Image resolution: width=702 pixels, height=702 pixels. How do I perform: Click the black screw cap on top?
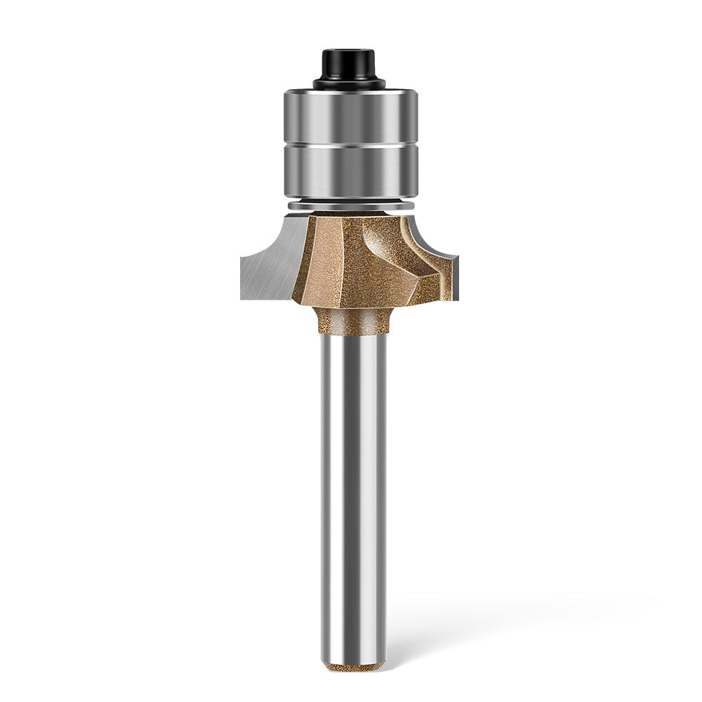[350, 65]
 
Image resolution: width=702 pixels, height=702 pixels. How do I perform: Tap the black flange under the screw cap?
[350, 84]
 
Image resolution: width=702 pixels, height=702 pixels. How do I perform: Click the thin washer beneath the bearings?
[350, 205]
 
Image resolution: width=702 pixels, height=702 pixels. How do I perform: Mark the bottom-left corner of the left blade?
[242, 298]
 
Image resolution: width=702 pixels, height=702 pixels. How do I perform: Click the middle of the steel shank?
[353, 491]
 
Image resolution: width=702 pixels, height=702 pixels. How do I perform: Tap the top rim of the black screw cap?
[350, 51]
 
